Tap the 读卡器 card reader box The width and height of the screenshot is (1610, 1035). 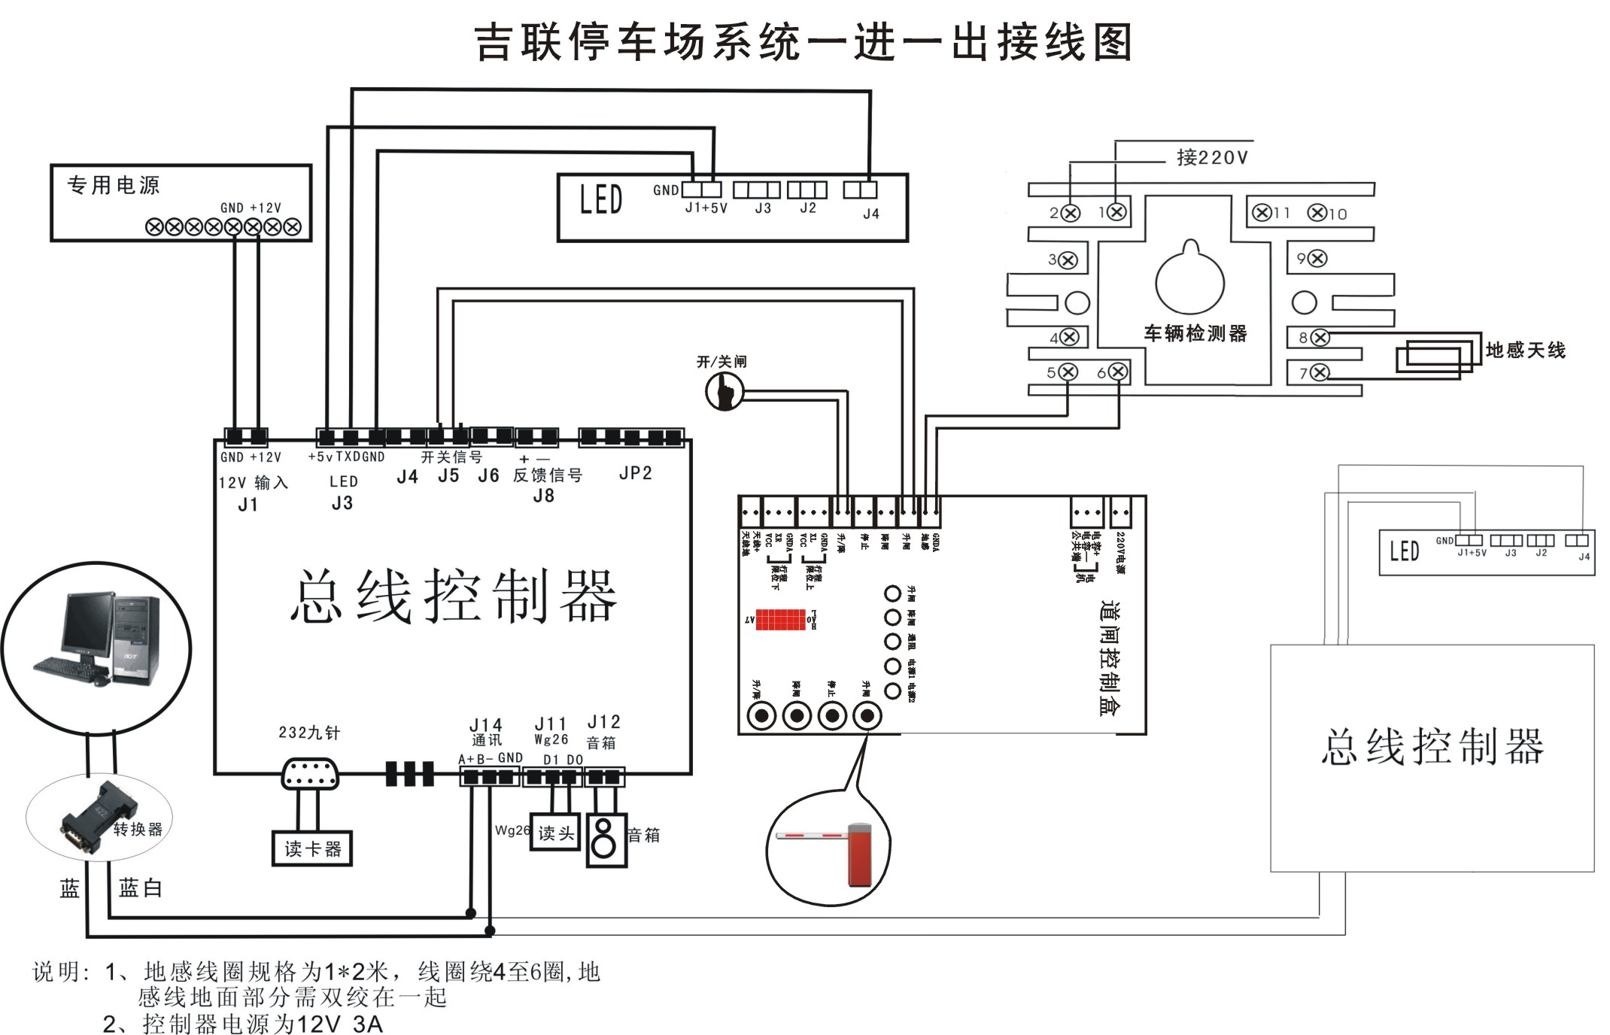(312, 849)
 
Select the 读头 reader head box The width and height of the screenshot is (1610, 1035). (555, 833)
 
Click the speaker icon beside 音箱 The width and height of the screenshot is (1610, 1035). (605, 839)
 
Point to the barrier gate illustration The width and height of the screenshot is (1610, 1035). (828, 850)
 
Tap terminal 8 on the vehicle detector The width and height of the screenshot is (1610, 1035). (1320, 338)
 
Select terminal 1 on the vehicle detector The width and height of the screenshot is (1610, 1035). (1117, 212)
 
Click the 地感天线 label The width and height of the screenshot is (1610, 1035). (1525, 350)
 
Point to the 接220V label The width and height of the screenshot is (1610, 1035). (1212, 157)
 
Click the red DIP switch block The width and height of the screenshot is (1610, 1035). (780, 620)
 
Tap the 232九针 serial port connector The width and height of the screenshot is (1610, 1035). (309, 775)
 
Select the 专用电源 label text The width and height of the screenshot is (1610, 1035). (114, 185)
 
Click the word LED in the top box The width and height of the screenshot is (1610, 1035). (600, 200)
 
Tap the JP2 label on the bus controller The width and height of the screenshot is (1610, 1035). (635, 473)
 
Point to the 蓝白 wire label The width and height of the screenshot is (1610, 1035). (140, 888)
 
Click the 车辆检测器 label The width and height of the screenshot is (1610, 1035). (1195, 333)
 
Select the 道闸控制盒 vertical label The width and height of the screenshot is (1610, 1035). (1109, 657)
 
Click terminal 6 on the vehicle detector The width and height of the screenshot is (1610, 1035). (1118, 372)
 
